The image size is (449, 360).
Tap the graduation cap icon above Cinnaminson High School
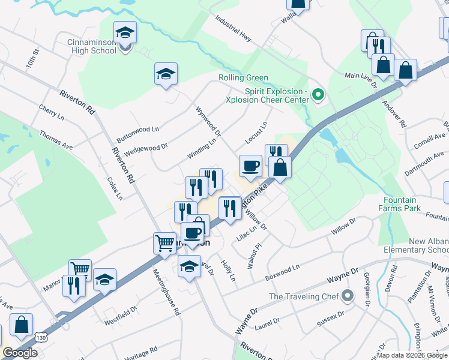click(125, 32)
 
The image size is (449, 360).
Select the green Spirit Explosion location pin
click(319, 94)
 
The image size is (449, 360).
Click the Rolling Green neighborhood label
click(243, 78)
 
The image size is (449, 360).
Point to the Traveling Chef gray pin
click(348, 296)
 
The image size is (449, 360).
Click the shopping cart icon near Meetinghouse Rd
click(164, 244)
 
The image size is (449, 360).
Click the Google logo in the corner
click(20, 353)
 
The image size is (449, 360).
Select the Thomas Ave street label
click(55, 141)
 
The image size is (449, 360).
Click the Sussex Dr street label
click(331, 317)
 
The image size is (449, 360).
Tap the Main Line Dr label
click(360, 77)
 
